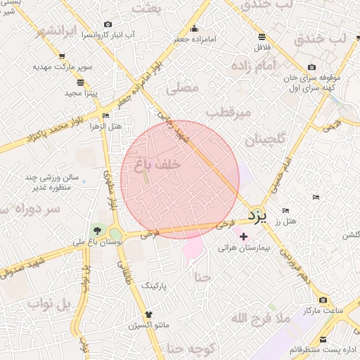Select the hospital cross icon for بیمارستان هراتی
click(x=244, y=236)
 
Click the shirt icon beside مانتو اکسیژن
click(x=148, y=314)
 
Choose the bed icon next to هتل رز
click(x=285, y=210)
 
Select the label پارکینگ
click(x=155, y=287)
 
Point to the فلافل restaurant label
click(x=262, y=46)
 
